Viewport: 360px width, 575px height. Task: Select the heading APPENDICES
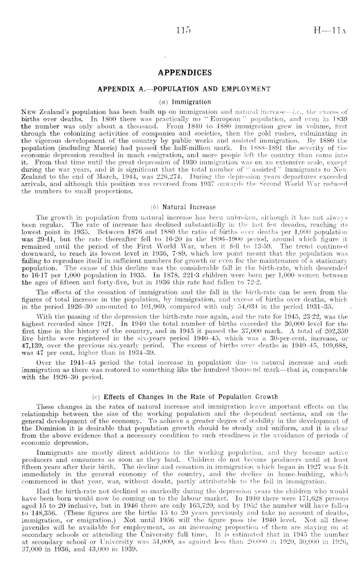(180, 72)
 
